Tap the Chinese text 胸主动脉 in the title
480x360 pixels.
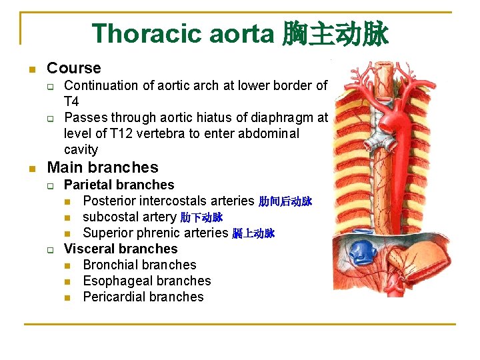335,34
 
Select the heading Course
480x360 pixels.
74,68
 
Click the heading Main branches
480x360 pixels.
103,167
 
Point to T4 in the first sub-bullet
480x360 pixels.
71,101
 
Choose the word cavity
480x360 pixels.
81,149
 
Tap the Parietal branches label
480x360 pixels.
119,185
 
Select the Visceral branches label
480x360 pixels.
121,249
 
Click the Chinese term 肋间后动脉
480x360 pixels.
285,201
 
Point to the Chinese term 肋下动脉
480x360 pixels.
201,217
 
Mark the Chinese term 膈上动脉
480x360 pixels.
253,233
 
